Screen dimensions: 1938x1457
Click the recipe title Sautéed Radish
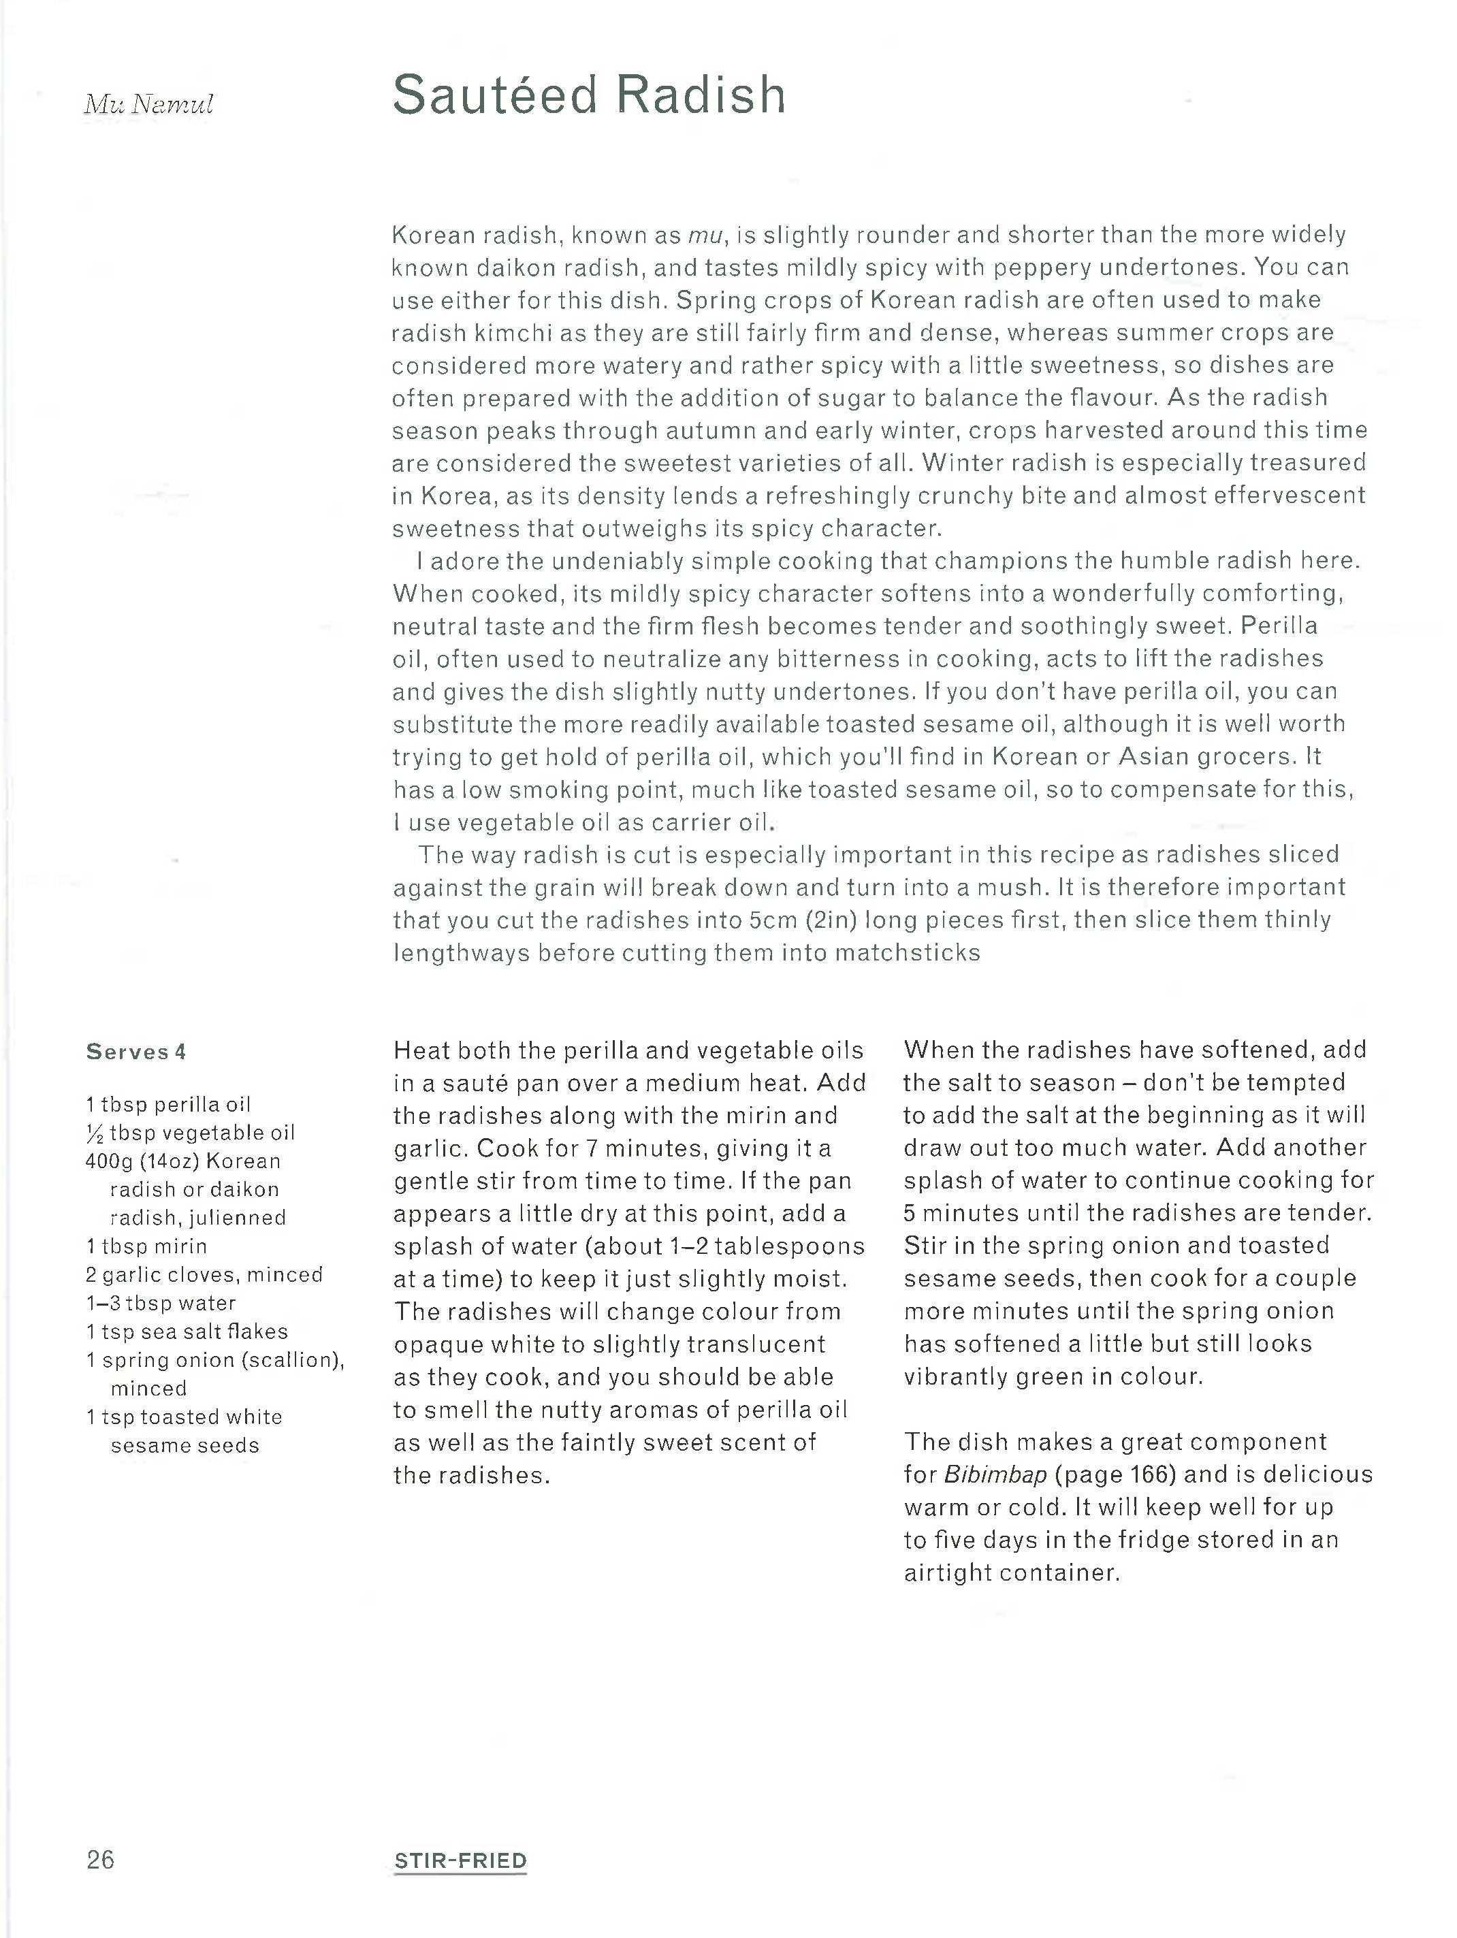[589, 95]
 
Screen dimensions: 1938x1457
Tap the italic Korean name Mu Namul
[149, 104]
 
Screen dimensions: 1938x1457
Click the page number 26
[100, 1859]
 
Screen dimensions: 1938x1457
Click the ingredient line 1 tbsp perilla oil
[168, 1104]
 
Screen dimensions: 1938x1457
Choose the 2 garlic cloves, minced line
[204, 1275]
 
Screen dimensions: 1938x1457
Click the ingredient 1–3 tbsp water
[161, 1303]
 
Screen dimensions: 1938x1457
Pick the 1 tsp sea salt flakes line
[187, 1331]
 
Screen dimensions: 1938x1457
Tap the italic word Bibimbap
[995, 1474]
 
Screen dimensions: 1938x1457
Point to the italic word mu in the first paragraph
[706, 235]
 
